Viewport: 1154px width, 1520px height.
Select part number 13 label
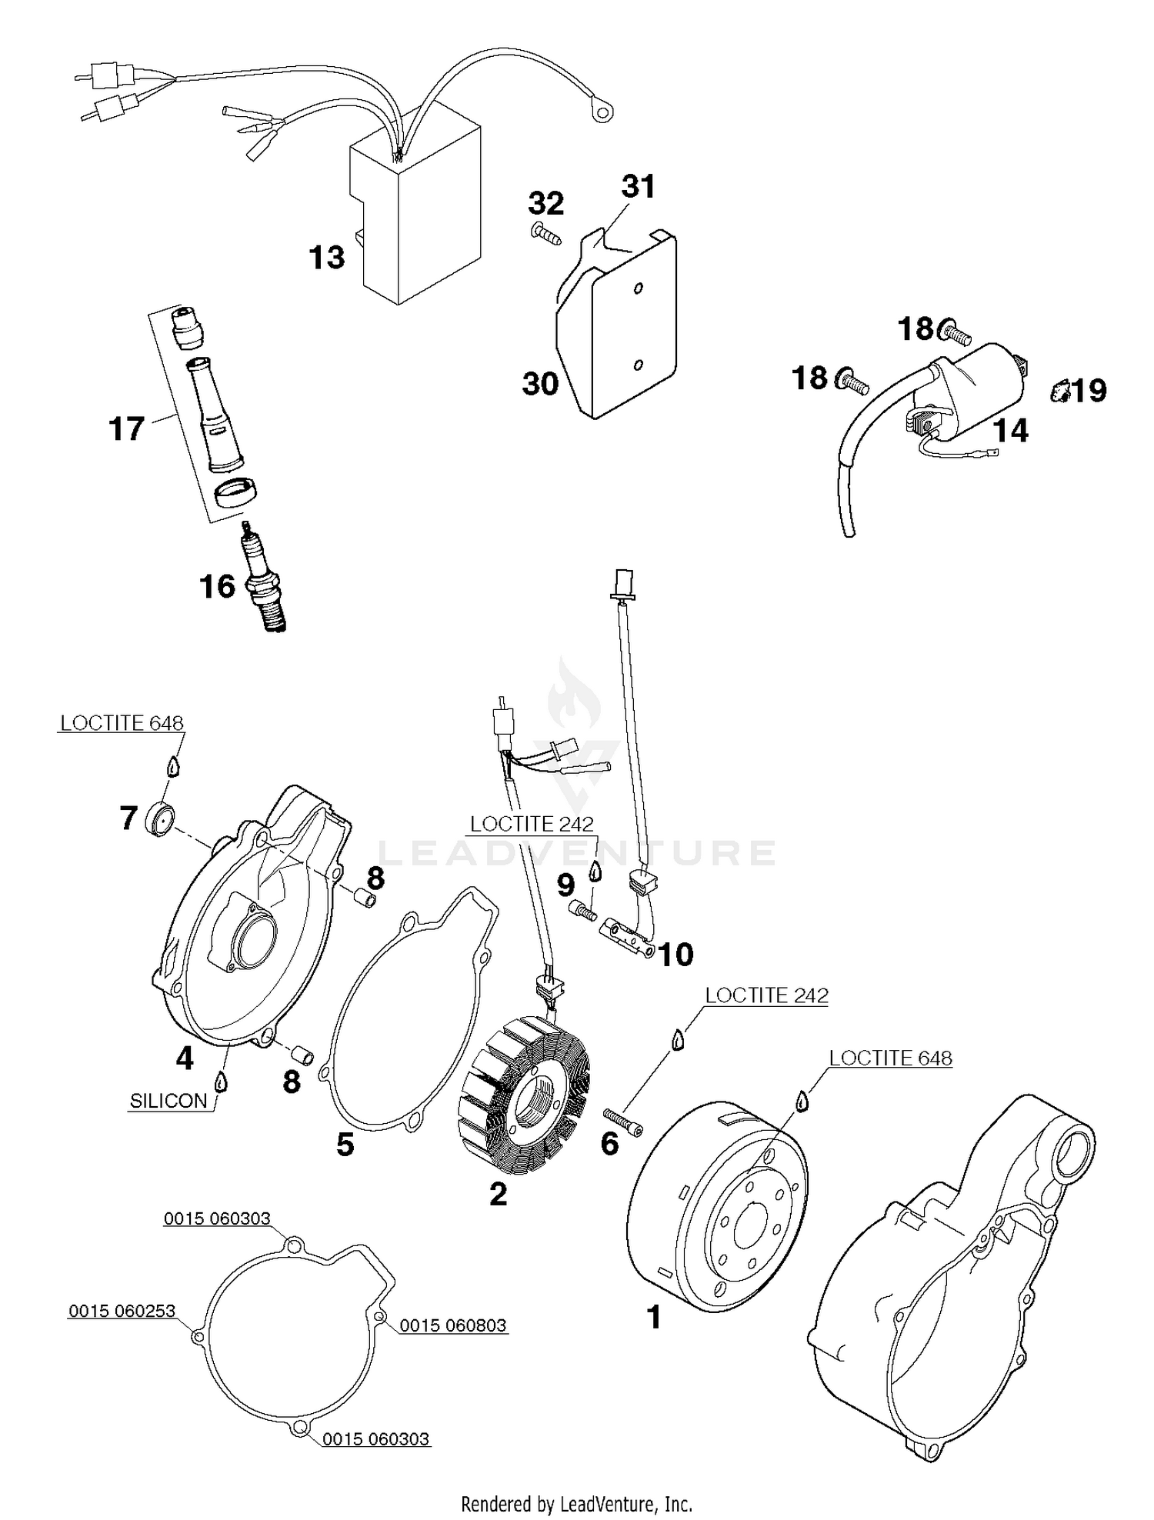click(327, 258)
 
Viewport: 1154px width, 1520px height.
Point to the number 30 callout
click(540, 382)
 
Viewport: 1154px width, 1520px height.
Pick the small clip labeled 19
click(1059, 392)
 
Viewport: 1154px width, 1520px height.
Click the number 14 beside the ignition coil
click(1011, 431)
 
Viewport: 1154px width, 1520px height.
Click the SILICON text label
click(168, 1101)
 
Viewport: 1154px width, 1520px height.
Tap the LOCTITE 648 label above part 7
click(122, 723)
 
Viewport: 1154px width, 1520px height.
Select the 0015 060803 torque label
click(452, 1325)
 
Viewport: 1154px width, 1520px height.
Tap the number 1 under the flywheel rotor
click(653, 1318)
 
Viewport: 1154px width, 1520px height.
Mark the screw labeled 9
click(585, 911)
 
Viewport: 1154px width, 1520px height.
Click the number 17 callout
click(126, 429)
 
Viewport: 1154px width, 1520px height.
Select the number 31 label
click(638, 187)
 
